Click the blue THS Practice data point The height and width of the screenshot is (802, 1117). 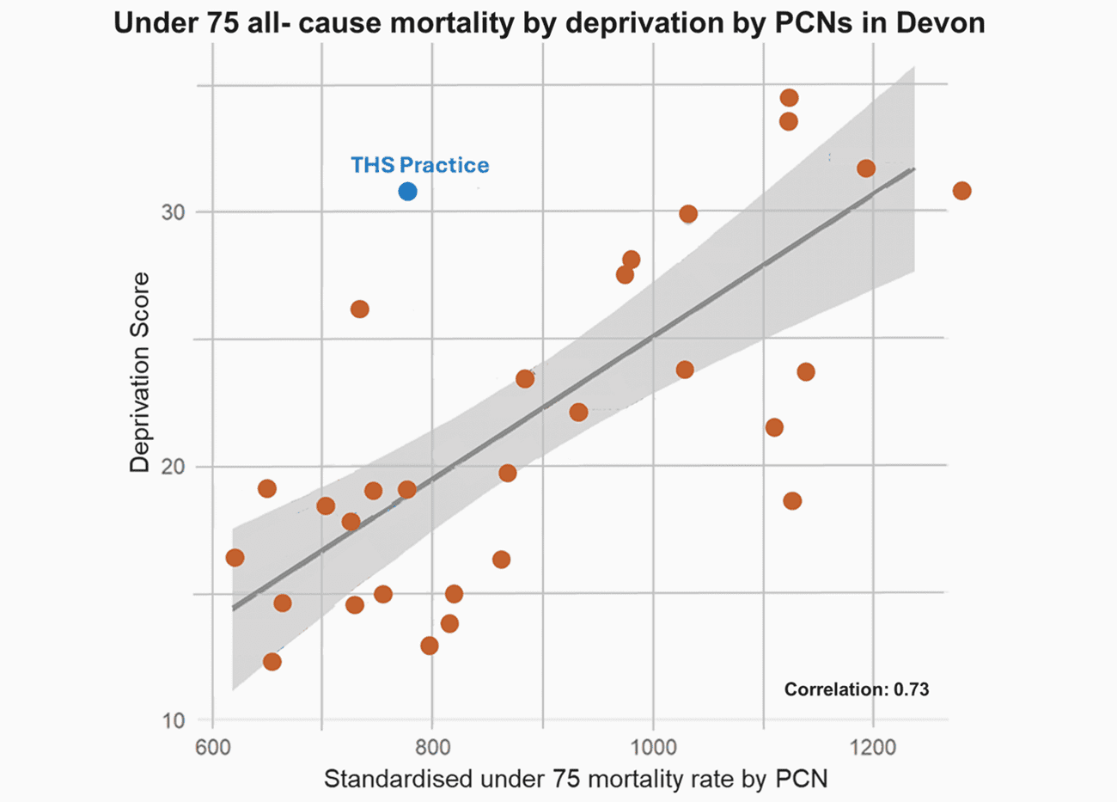(408, 191)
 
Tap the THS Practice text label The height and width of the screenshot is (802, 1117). (419, 165)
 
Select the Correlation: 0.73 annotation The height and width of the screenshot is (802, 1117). (857, 689)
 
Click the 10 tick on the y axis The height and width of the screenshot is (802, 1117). (174, 720)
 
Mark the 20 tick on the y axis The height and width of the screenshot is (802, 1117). (174, 467)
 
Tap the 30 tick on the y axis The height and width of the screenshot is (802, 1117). (174, 212)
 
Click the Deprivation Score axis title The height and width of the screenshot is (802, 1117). (139, 372)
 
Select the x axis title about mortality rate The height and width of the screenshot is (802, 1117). (575, 780)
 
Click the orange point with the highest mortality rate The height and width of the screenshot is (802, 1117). (961, 191)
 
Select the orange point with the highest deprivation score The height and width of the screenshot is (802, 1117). (789, 98)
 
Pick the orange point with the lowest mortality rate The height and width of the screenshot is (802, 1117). (235, 558)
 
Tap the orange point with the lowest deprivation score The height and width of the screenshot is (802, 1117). (272, 661)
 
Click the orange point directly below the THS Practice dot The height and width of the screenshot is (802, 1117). (407, 490)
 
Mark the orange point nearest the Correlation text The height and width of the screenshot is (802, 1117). (792, 501)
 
